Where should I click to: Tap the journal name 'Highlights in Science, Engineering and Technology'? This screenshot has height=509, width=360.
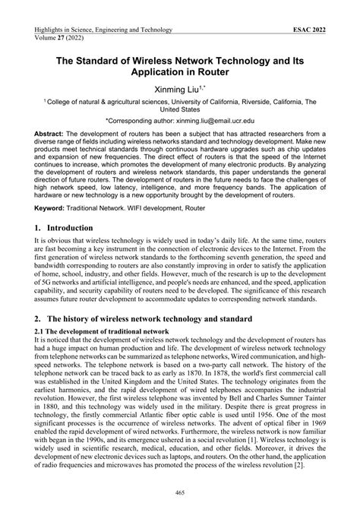tap(103, 30)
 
